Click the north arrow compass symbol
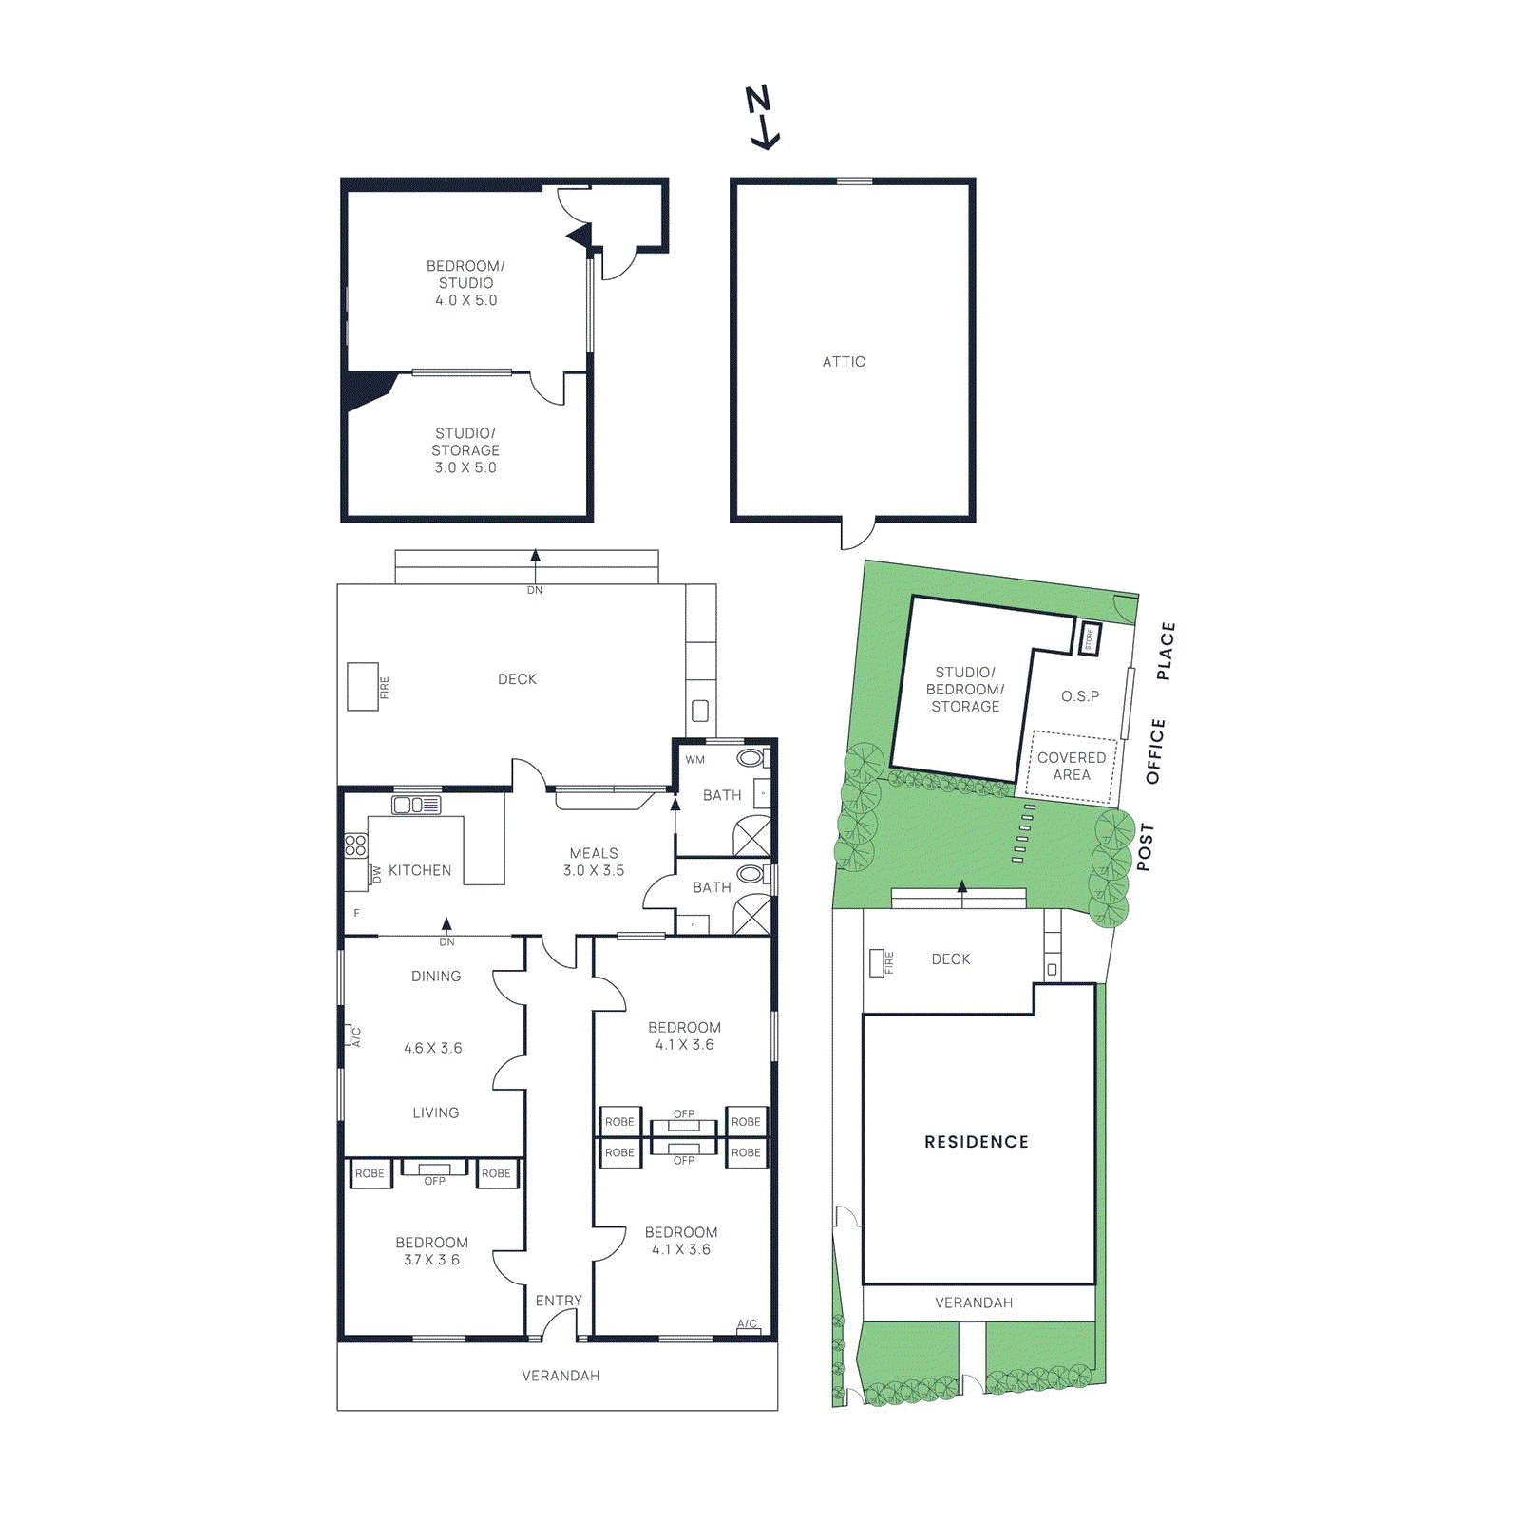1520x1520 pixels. point(762,118)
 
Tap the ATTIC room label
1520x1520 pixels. point(844,362)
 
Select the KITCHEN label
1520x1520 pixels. point(420,870)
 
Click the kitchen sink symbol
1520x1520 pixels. point(416,806)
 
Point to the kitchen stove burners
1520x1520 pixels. point(356,845)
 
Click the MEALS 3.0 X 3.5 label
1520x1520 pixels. point(594,862)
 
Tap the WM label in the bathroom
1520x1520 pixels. point(695,760)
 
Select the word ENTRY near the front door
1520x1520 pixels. point(559,1301)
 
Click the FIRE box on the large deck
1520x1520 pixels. point(363,686)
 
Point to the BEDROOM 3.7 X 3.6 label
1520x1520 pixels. point(432,1251)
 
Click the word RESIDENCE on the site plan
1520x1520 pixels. point(977,1142)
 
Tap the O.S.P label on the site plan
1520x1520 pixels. point(1080,696)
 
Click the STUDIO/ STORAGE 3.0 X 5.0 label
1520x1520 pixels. point(465,450)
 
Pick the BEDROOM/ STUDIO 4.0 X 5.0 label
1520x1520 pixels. point(465,283)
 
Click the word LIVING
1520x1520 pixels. point(436,1112)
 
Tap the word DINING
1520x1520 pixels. point(436,977)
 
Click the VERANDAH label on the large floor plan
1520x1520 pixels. point(560,1376)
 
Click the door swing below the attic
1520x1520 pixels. point(856,535)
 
